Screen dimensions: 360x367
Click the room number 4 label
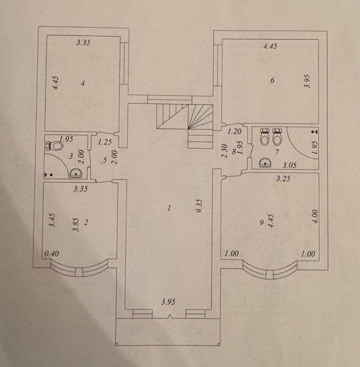click(x=83, y=83)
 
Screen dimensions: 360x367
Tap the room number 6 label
click(x=272, y=80)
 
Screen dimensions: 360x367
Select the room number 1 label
click(x=169, y=208)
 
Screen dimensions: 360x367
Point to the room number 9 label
click(x=262, y=223)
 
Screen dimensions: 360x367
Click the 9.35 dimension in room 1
click(x=199, y=206)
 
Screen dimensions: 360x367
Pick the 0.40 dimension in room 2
click(x=52, y=254)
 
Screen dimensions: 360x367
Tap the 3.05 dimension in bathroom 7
click(x=290, y=165)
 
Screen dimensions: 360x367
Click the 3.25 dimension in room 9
click(x=283, y=179)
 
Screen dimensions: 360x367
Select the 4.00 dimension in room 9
click(x=315, y=216)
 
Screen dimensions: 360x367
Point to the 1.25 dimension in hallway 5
click(x=104, y=142)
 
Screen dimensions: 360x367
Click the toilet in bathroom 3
click(x=55, y=146)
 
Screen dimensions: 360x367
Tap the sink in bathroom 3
click(x=76, y=173)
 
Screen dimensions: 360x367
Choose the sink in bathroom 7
click(x=265, y=162)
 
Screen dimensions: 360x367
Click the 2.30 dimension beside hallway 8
click(x=224, y=151)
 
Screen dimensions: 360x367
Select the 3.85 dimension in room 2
click(x=76, y=225)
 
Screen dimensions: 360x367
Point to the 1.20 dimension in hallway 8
click(x=235, y=132)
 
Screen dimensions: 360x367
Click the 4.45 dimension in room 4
click(x=56, y=83)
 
